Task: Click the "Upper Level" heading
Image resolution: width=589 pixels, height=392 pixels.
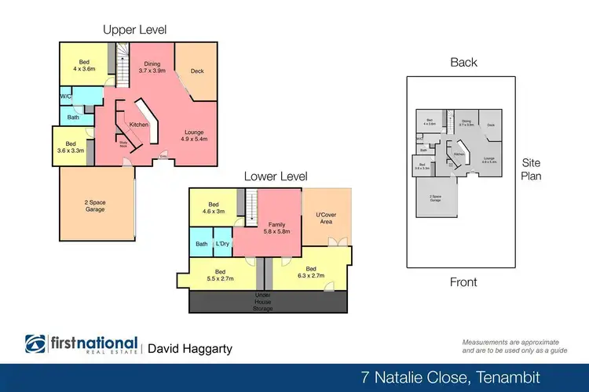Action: click(134, 30)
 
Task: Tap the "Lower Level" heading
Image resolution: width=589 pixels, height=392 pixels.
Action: click(275, 177)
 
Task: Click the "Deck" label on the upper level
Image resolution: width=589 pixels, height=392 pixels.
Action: click(197, 71)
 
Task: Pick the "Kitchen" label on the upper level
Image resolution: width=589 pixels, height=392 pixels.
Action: click(139, 125)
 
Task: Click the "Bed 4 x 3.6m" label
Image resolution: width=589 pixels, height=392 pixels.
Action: click(84, 65)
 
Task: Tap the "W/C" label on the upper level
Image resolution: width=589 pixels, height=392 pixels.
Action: click(67, 97)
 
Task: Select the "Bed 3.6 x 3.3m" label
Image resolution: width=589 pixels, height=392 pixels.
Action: click(71, 147)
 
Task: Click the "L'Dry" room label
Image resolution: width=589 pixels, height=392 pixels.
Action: click(222, 244)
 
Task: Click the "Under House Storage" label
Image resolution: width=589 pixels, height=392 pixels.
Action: click(262, 302)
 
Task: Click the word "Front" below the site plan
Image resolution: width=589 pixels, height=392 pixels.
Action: click(463, 282)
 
